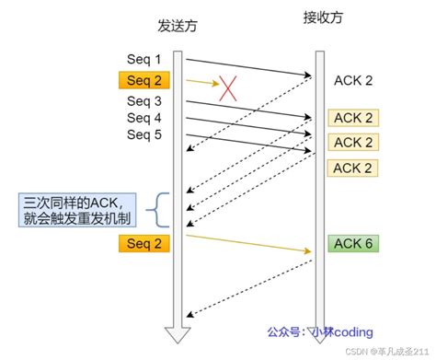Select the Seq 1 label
pos(143,60)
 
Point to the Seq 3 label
pos(143,101)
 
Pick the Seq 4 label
pos(143,119)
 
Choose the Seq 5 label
pos(143,135)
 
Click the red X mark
pos(227,88)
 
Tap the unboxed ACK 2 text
pos(353,81)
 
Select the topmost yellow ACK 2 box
pos(353,118)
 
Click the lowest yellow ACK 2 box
pos(353,168)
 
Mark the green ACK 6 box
pos(353,244)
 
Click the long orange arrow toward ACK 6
pos(248,243)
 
